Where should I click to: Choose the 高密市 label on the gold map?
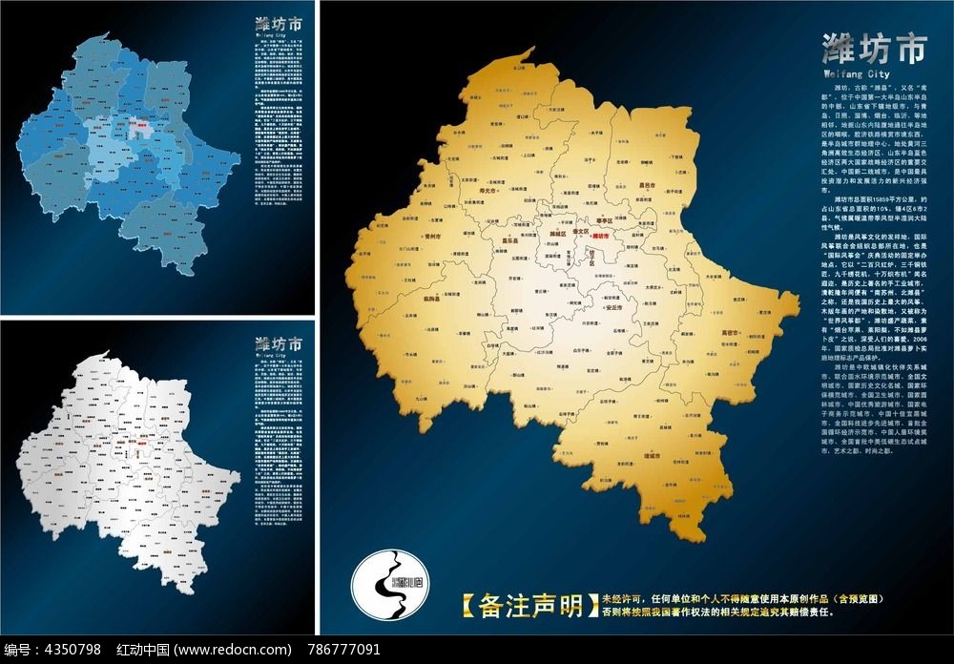coord(731,333)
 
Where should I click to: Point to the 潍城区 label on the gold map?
coord(558,233)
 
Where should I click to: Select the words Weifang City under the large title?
coord(856,73)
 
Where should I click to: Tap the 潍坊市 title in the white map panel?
coord(280,343)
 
